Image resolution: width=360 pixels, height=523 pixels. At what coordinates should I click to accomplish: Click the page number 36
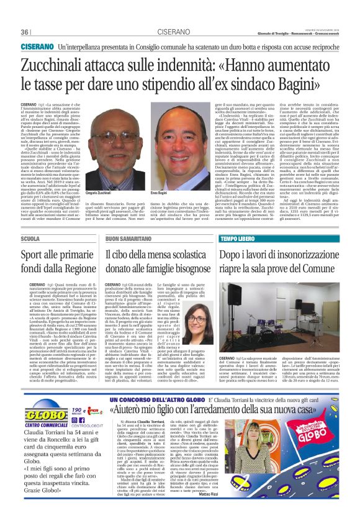click(25, 32)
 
